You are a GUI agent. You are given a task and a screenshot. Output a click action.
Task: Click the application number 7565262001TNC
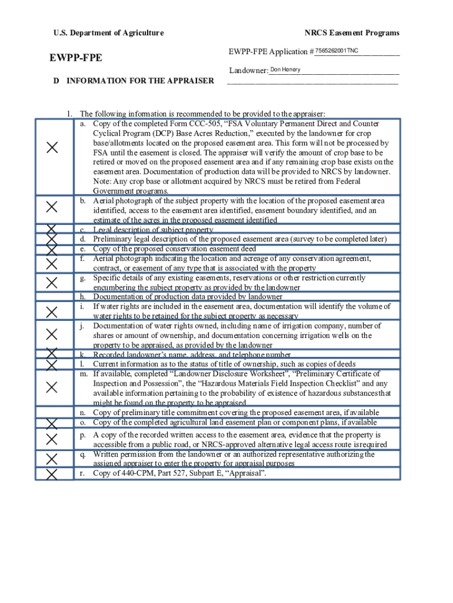[337, 51]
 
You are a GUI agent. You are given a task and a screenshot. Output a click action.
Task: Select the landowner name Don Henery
[285, 70]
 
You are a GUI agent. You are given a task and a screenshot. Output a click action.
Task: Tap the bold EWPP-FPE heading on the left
[76, 58]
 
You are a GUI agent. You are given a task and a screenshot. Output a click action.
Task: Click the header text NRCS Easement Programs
[351, 33]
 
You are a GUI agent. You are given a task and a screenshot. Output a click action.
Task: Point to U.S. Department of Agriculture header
[101, 33]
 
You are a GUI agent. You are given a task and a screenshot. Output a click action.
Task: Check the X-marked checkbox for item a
[52, 148]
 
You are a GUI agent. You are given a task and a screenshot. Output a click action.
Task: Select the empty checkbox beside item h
[52, 297]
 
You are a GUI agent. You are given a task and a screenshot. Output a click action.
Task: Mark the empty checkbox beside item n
[52, 412]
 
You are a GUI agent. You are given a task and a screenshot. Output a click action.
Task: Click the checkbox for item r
[52, 474]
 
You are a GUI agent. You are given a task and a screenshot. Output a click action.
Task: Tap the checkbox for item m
[52, 387]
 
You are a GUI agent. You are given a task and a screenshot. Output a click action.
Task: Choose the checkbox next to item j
[52, 334]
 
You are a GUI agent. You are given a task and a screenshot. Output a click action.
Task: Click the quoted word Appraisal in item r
[244, 473]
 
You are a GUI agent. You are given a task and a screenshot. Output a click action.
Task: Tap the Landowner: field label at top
[248, 71]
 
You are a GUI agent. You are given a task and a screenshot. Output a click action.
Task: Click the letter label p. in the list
[84, 435]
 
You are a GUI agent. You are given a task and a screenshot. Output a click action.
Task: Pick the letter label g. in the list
[84, 278]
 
